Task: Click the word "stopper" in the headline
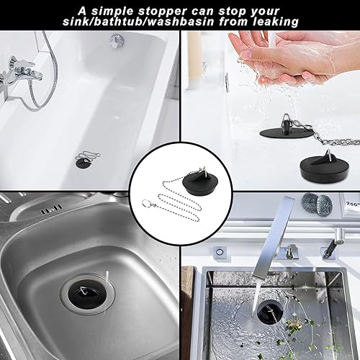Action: [162, 11]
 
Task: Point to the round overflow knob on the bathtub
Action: [117, 41]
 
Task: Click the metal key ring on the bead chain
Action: [145, 202]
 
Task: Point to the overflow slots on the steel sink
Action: [52, 211]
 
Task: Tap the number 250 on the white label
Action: [352, 204]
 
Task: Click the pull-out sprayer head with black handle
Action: [334, 243]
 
